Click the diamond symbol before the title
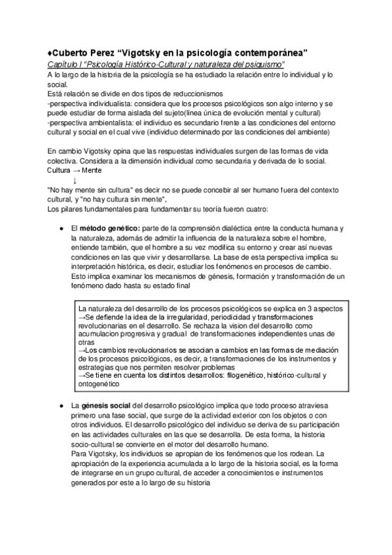[x=50, y=52]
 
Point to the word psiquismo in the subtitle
[x=262, y=64]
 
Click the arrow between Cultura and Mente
[x=76, y=170]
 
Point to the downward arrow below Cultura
[x=75, y=180]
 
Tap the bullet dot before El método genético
[x=61, y=227]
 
